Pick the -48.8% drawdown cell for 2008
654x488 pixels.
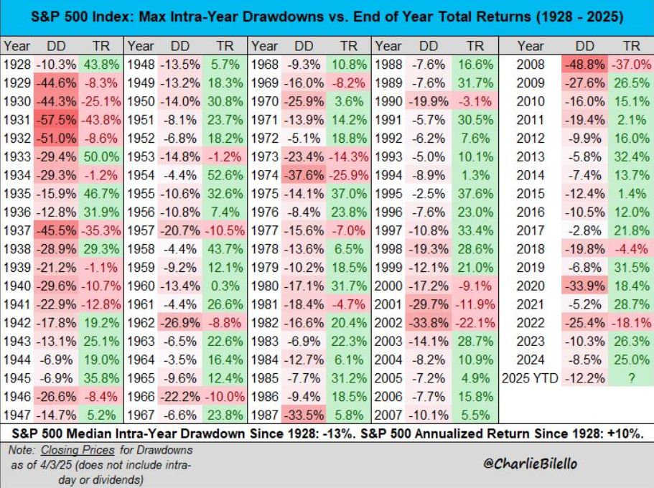585,65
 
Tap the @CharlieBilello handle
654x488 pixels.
530,464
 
